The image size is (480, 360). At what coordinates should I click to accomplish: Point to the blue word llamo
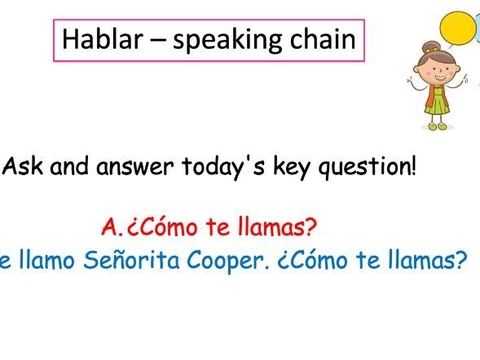42,261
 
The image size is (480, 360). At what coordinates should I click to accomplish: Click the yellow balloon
458,29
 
